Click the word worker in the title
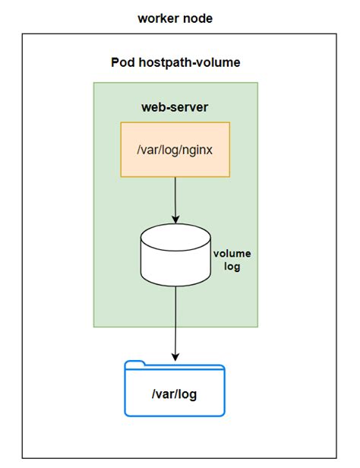tap(156, 18)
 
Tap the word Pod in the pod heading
tap(124, 63)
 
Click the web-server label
tap(175, 107)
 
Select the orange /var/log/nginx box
tap(175, 148)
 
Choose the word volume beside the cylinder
tap(232, 254)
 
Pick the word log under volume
tap(232, 267)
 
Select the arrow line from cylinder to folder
tap(175, 319)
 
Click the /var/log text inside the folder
tap(175, 396)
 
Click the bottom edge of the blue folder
tap(175, 416)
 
